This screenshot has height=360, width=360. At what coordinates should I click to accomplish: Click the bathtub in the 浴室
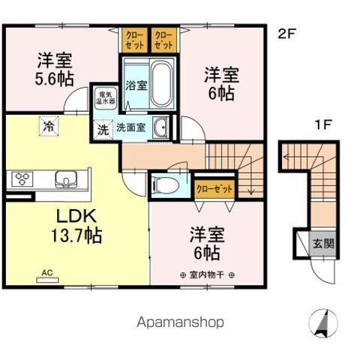pos(160,85)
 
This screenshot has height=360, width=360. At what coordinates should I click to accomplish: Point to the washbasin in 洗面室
pos(160,128)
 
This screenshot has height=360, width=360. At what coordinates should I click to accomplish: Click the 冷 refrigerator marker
pos(48,126)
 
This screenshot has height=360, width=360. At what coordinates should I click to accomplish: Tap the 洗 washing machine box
pos(102,127)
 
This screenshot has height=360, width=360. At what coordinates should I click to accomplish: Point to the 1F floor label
pos(322,124)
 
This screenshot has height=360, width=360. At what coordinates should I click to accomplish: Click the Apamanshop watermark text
pos(180,322)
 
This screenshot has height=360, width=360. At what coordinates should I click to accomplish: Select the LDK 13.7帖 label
pos(67,226)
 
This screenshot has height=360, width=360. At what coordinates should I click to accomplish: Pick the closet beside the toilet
pos(213,187)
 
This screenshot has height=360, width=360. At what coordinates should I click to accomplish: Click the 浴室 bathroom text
pos(136,85)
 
